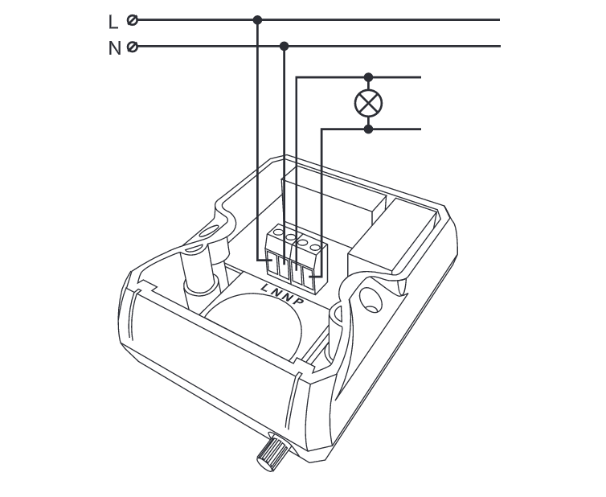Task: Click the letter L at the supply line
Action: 113,22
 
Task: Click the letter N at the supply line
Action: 115,49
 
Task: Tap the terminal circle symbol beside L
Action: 133,20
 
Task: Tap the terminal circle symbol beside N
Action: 133,47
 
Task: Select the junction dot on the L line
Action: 257,20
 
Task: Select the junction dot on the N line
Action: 284,47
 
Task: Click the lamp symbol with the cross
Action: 368,103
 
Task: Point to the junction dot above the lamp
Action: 368,77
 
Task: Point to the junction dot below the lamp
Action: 368,129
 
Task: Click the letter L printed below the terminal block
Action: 265,287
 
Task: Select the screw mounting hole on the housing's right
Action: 371,301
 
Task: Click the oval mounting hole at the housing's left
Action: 210,232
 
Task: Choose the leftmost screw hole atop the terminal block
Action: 278,232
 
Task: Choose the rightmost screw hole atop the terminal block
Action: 315,247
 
